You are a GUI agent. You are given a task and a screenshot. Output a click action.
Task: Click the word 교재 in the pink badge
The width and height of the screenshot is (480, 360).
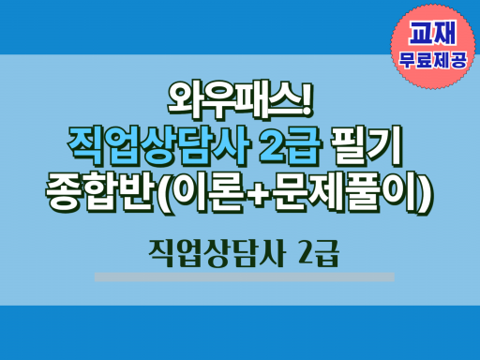coord(433,33)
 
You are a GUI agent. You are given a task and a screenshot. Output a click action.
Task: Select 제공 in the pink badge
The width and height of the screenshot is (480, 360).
coord(450,59)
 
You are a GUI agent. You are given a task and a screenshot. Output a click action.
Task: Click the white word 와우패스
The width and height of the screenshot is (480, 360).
coord(232,100)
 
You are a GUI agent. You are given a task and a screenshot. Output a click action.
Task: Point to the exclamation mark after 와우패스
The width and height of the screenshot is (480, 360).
coord(307,99)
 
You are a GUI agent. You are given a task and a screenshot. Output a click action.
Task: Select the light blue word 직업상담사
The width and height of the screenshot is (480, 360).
coord(158,146)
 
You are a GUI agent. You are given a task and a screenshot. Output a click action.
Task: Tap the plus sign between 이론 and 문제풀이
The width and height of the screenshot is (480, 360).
coord(258,194)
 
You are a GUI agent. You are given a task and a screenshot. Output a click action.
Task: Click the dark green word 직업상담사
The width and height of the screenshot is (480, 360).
coord(217,253)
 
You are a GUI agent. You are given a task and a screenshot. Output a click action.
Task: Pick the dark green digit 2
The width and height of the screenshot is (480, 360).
coord(304,252)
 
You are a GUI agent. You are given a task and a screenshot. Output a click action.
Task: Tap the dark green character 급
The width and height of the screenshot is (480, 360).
coord(325,253)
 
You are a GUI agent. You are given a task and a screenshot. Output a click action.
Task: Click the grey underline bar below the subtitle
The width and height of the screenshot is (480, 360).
coord(245,277)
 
